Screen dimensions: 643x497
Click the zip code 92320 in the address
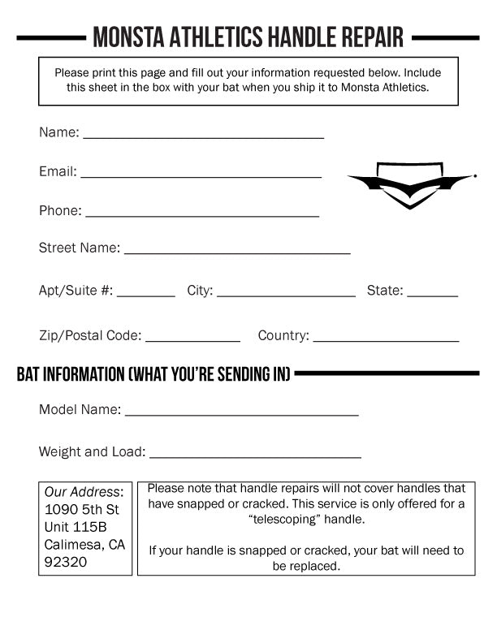point(66,562)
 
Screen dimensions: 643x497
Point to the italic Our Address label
point(84,492)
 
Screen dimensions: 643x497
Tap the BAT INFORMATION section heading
point(153,374)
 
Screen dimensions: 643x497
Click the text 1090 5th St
point(81,509)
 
